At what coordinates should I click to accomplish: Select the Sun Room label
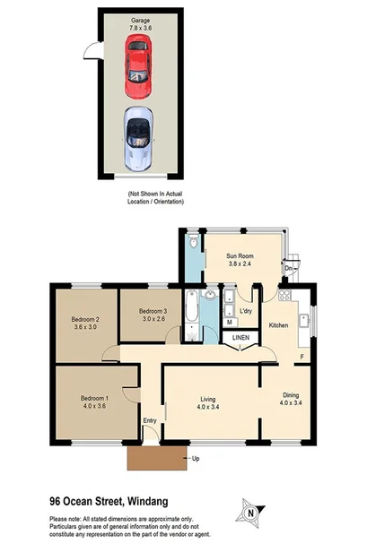(x=240, y=259)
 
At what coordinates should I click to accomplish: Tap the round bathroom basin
(x=209, y=296)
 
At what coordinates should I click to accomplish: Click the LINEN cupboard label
(x=240, y=338)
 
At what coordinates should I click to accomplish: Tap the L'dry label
(x=245, y=311)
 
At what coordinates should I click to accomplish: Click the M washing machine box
(x=230, y=321)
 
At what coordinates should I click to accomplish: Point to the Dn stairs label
(x=288, y=268)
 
